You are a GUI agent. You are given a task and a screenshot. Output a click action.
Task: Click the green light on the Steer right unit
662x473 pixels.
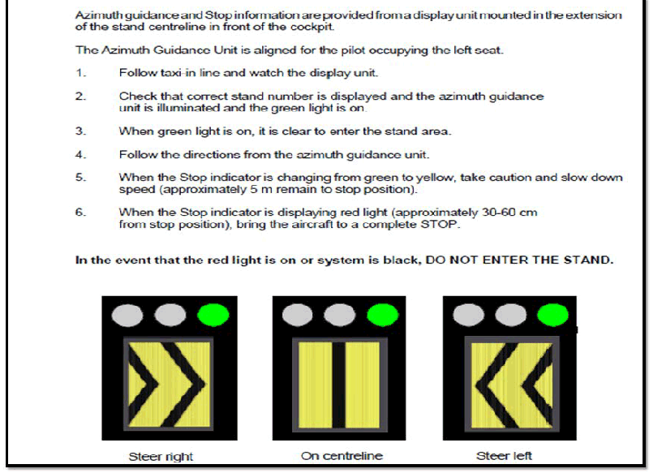[213, 315]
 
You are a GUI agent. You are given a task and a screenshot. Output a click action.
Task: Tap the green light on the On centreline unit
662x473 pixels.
[382, 315]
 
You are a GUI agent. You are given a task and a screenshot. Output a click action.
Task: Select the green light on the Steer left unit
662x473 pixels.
[552, 315]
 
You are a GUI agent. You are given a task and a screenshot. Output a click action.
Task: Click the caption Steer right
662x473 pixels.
[161, 457]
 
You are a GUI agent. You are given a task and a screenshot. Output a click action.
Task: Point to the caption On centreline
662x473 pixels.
[342, 456]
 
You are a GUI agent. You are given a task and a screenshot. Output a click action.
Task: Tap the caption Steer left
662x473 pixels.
[504, 456]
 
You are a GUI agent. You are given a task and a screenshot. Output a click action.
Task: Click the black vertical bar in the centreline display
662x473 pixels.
[338, 385]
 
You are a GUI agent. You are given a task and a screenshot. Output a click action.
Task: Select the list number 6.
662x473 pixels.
[80, 212]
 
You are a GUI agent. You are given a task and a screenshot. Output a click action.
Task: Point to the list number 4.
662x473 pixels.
[80, 155]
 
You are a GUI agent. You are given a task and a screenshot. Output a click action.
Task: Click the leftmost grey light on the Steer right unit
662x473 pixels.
[127, 315]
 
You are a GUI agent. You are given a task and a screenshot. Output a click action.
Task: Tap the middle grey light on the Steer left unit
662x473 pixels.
[510, 315]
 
